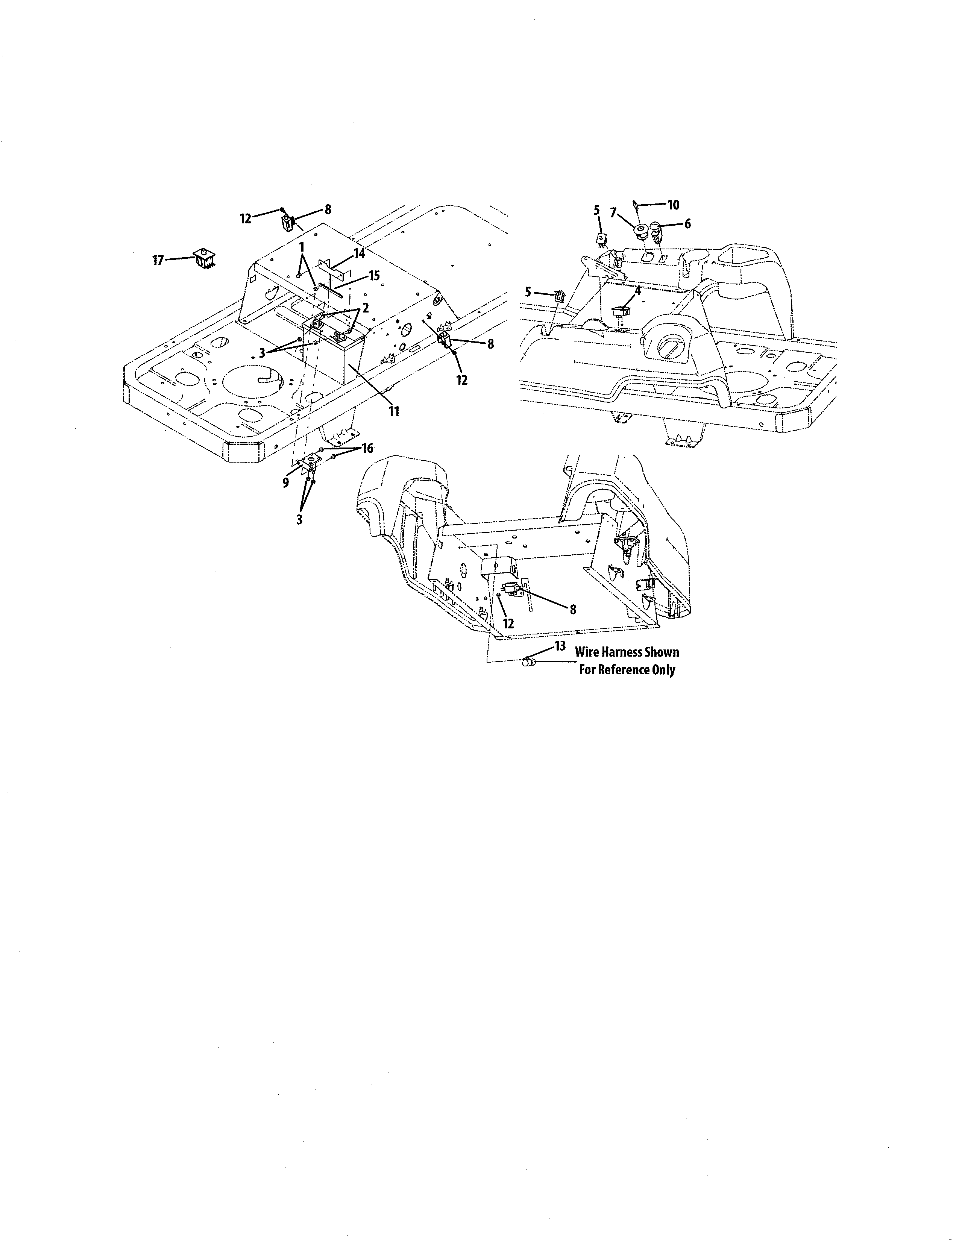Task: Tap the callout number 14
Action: pos(359,253)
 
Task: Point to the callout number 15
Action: pos(373,276)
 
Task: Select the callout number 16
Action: pos(367,448)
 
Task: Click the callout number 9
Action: pos(285,482)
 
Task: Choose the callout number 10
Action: pos(673,205)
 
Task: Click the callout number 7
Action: pos(613,214)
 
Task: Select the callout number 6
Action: pos(687,224)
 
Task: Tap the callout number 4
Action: pos(637,290)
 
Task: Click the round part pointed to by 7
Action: pos(642,230)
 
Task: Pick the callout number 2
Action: pos(365,307)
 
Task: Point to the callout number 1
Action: pos(302,247)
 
